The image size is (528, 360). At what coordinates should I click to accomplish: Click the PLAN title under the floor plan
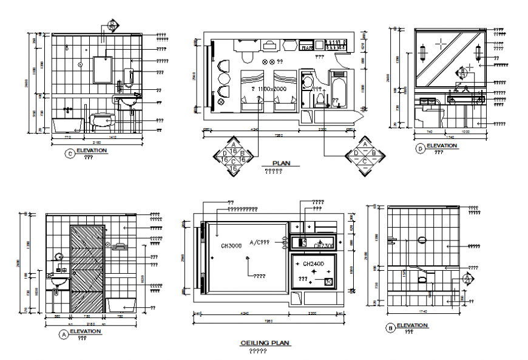pos(282,163)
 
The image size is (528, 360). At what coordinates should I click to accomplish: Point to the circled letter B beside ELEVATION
pos(390,328)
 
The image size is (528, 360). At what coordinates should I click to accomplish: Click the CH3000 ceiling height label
pos(232,245)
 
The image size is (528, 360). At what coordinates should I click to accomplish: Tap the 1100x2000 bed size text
pos(269,89)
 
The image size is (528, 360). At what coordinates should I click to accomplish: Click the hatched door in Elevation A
pos(87,270)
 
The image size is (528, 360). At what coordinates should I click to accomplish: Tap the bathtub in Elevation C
pos(67,125)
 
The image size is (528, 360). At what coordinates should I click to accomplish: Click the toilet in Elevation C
pos(103,121)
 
